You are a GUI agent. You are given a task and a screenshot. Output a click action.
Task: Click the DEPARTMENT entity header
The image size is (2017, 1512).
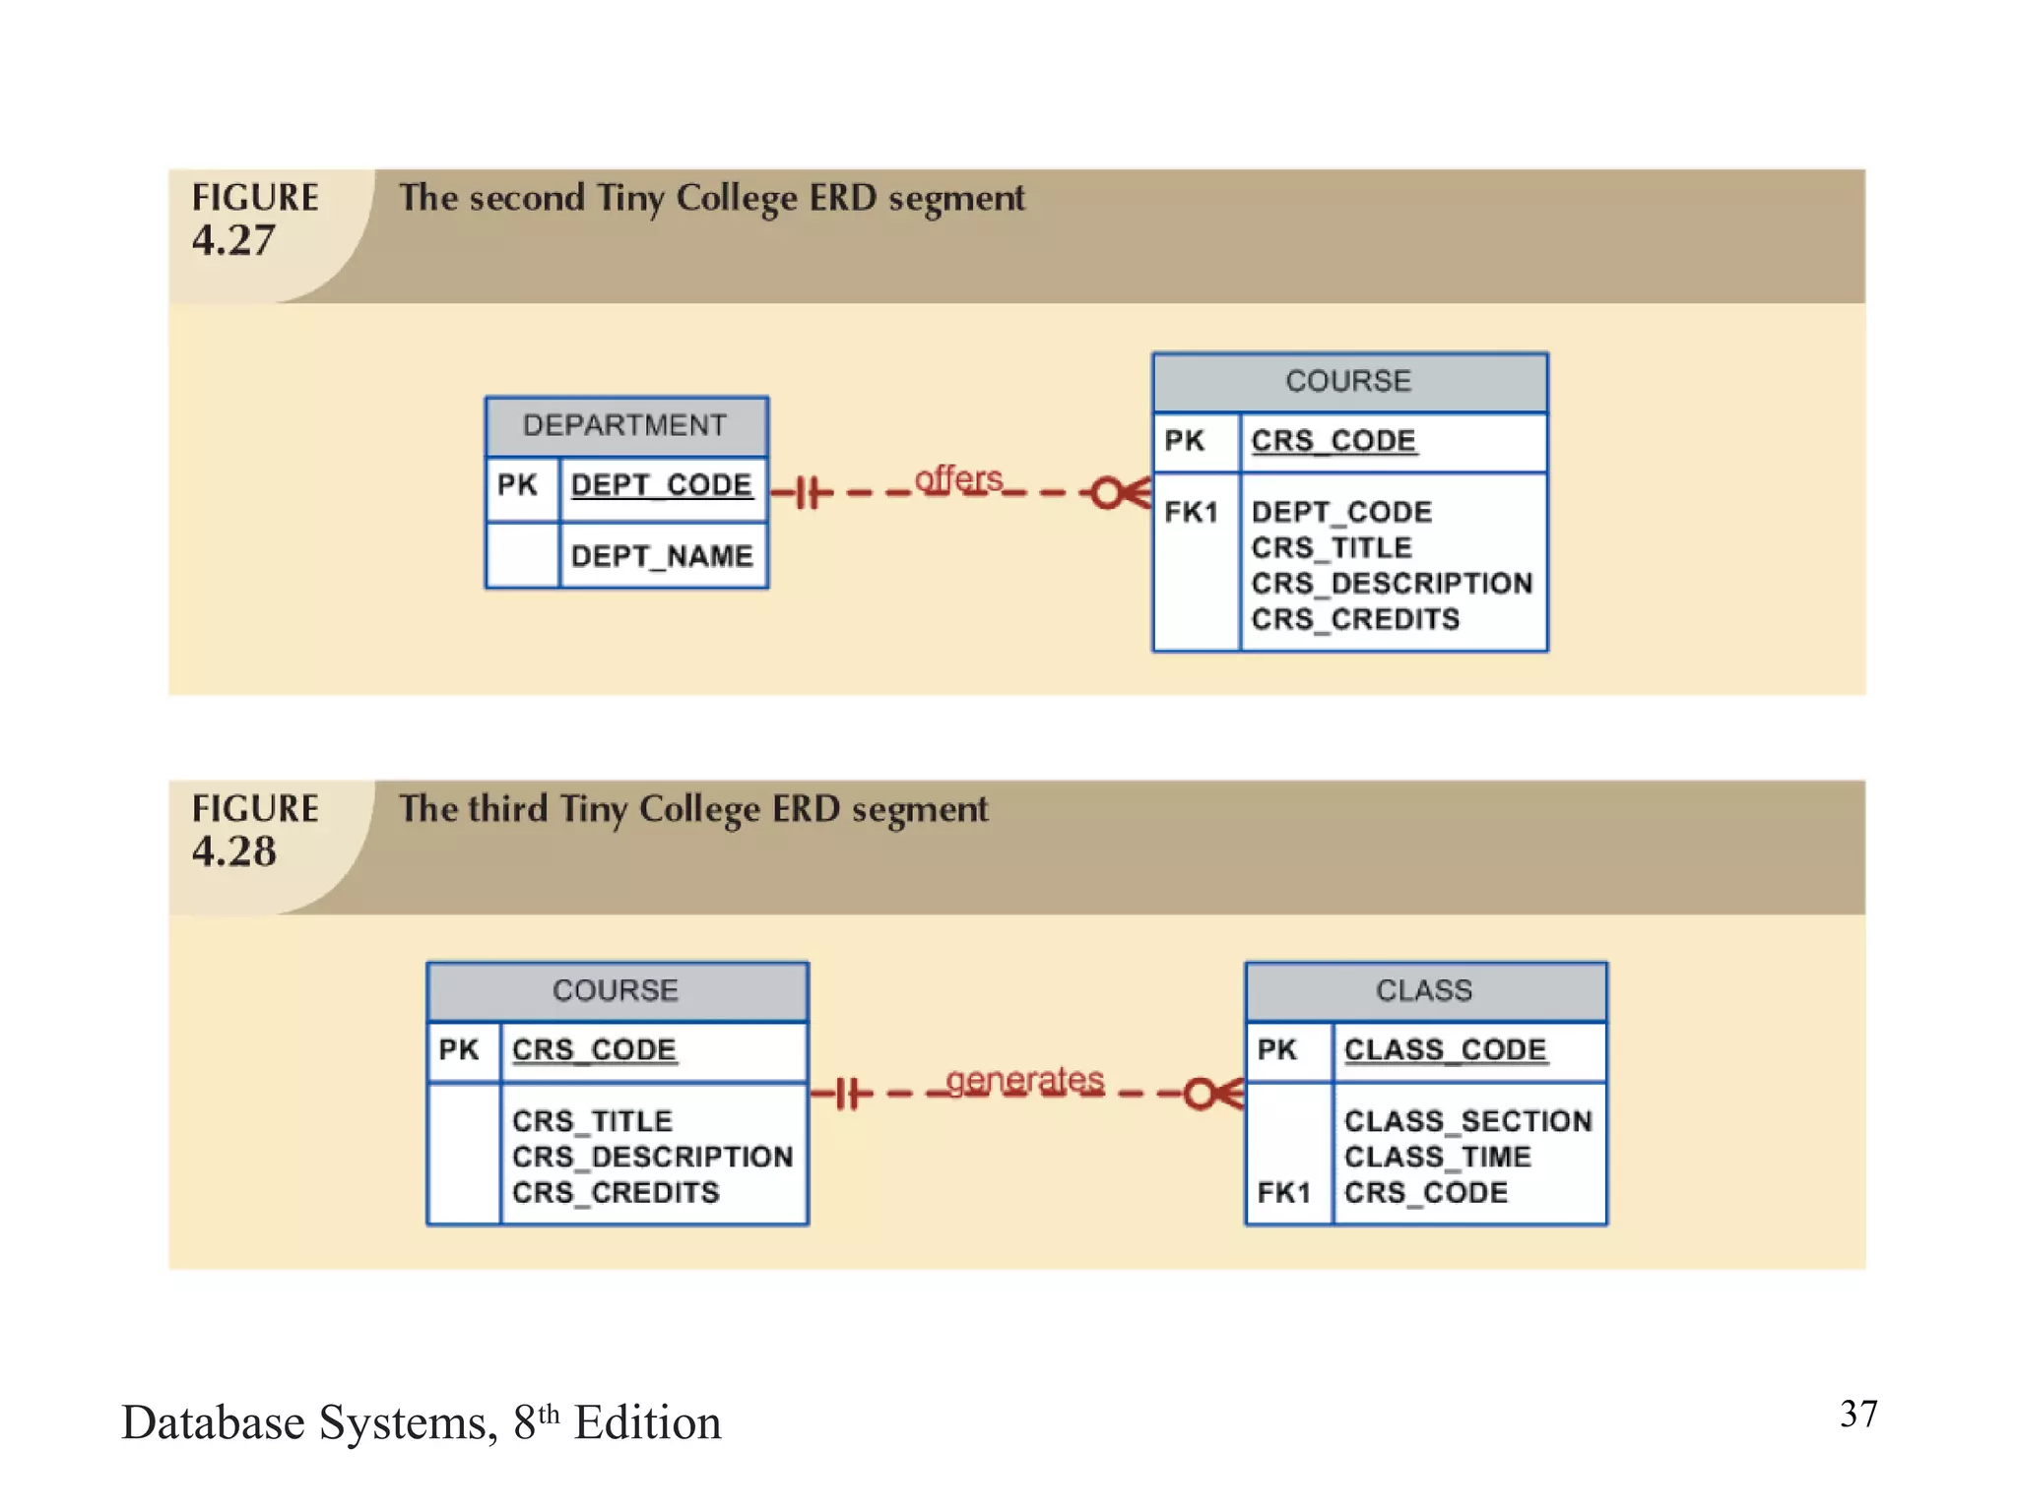pos(625,425)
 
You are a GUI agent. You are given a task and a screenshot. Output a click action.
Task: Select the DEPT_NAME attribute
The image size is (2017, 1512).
pos(661,556)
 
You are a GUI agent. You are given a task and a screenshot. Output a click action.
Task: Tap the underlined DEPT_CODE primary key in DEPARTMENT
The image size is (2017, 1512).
pos(661,484)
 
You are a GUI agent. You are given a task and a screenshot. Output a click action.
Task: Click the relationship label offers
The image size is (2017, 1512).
pos(958,479)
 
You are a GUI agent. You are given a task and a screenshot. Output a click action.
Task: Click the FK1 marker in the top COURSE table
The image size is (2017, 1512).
pos(1191,512)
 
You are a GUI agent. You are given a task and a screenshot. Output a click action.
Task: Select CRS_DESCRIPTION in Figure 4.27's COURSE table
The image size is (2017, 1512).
pos(1392,583)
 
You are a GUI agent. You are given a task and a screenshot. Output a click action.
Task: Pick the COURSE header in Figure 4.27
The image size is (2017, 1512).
pos(1348,381)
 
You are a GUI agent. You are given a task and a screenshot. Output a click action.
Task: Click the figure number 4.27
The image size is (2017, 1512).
pos(233,241)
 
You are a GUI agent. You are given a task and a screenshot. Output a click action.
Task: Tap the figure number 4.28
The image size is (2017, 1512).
pos(234,851)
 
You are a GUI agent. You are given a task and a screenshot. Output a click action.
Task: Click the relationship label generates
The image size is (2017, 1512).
pos(1024,1080)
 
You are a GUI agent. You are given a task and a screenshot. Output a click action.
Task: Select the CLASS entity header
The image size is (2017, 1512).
pos(1424,990)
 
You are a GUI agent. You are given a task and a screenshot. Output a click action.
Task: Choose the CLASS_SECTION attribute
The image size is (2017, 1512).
pos(1467,1120)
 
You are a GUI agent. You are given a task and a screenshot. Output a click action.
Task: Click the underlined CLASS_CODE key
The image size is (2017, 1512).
pos(1445,1049)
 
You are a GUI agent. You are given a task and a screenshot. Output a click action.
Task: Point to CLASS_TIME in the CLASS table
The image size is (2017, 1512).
pos(1437,1157)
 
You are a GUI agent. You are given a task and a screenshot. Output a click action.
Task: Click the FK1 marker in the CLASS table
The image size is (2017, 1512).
pos(1283,1193)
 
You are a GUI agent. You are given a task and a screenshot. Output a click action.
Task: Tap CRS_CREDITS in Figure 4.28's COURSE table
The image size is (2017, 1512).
pos(616,1193)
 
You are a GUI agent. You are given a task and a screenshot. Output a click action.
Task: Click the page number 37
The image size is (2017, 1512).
pos(1858,1415)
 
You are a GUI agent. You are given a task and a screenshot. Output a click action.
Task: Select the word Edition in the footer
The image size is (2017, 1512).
pos(647,1423)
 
